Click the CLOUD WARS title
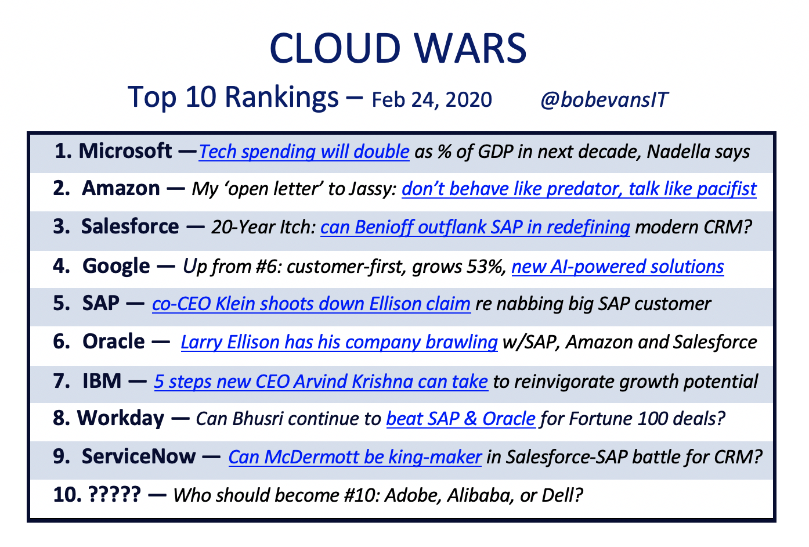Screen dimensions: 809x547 click(x=398, y=48)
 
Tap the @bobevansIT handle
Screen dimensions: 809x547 click(x=604, y=99)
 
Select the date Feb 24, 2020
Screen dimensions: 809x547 click(x=432, y=100)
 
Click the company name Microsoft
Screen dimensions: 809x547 click(x=125, y=150)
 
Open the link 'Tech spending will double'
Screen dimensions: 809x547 click(x=304, y=152)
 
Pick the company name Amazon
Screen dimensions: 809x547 click(x=121, y=188)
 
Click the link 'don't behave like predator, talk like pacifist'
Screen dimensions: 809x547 click(x=579, y=189)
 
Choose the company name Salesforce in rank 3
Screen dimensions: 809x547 click(x=130, y=226)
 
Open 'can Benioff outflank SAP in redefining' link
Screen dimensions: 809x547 click(x=475, y=228)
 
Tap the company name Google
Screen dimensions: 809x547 click(x=116, y=267)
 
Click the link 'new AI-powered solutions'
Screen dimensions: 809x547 click(x=617, y=267)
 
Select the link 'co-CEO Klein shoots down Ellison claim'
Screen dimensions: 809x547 click(x=311, y=304)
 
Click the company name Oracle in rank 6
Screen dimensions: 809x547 click(x=114, y=341)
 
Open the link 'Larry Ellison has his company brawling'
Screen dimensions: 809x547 click(x=339, y=342)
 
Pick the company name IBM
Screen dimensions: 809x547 click(x=102, y=381)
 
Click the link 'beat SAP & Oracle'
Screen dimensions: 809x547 click(x=461, y=419)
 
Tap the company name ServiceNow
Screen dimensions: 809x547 click(x=139, y=456)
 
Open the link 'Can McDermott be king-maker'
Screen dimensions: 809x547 click(x=355, y=458)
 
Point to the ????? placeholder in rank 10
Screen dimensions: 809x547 click(x=114, y=495)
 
